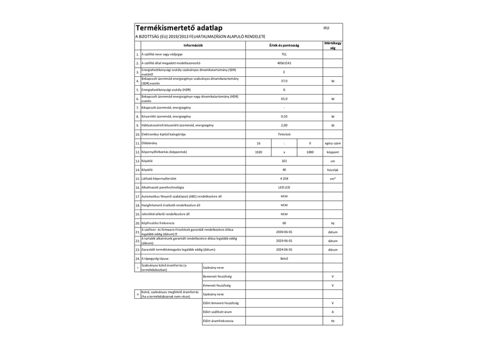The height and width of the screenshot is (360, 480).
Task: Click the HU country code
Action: [x=326, y=28]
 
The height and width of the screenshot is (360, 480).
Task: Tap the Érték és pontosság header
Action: [x=284, y=45]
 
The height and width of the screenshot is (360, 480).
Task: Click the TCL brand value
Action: [x=284, y=54]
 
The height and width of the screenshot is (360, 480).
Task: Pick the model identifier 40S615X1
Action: [x=284, y=63]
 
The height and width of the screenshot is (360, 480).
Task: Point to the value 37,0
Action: [x=284, y=80]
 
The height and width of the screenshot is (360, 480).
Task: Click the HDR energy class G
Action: [x=284, y=89]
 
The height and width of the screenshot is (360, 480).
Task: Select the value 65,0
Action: [x=284, y=98]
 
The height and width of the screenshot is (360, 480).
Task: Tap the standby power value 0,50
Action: [x=284, y=116]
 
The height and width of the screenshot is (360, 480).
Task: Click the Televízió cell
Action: [x=284, y=134]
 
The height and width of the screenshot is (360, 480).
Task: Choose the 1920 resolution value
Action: [x=259, y=152]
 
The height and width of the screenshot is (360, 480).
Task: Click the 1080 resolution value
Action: [x=310, y=152]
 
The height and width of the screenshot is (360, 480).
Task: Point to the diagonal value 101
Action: [x=284, y=161]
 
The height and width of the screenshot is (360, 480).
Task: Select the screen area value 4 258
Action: [x=284, y=178]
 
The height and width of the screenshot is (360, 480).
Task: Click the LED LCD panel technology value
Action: [x=284, y=187]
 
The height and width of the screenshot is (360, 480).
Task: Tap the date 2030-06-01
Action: [x=284, y=232]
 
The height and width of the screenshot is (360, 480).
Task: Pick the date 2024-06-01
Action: [x=284, y=249]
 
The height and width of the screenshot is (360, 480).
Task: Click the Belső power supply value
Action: [x=284, y=258]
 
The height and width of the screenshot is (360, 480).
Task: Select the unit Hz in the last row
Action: [x=332, y=321]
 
